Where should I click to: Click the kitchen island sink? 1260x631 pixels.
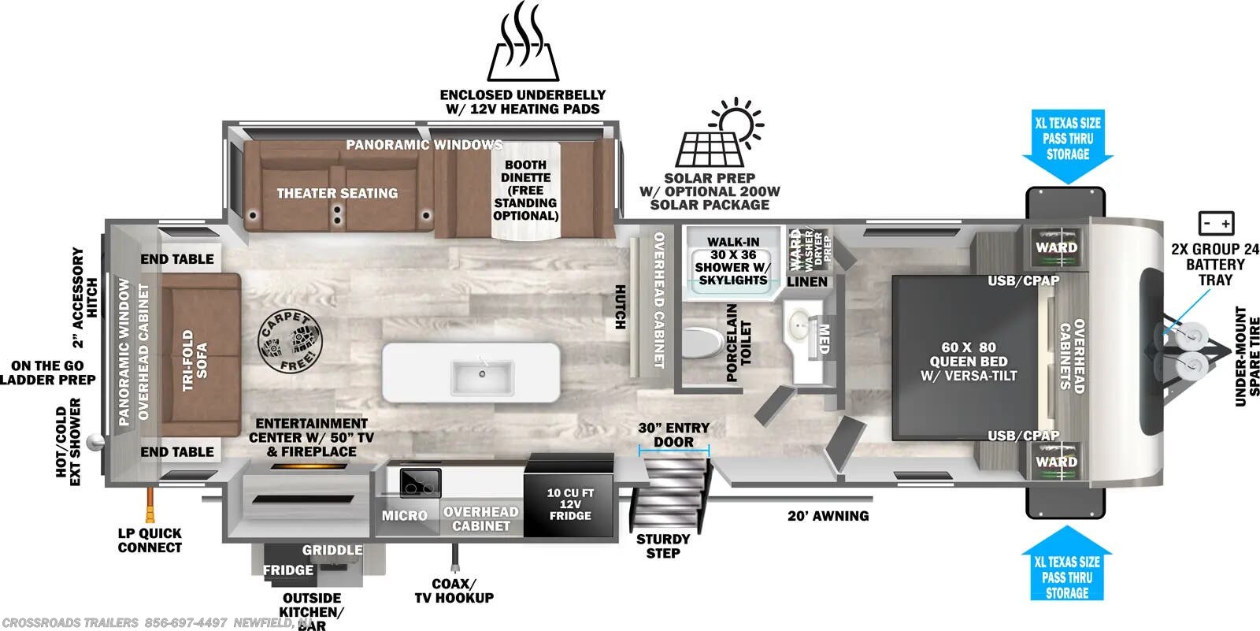pyautogui.click(x=482, y=377)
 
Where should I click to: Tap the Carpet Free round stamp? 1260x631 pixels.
pyautogui.click(x=290, y=342)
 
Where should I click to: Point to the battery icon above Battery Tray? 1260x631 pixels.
pyautogui.click(x=1215, y=224)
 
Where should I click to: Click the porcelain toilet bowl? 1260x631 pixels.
pyautogui.click(x=702, y=343)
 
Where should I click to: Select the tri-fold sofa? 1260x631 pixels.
pyautogui.click(x=199, y=354)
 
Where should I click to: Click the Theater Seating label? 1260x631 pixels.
pyautogui.click(x=337, y=193)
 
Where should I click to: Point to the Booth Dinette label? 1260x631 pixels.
pyautogui.click(x=525, y=190)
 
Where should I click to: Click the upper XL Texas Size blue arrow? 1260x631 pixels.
pyautogui.click(x=1068, y=146)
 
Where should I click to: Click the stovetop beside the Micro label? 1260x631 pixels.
pyautogui.click(x=419, y=481)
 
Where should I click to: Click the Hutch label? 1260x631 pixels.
pyautogui.click(x=620, y=307)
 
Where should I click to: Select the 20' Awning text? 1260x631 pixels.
pyautogui.click(x=828, y=516)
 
